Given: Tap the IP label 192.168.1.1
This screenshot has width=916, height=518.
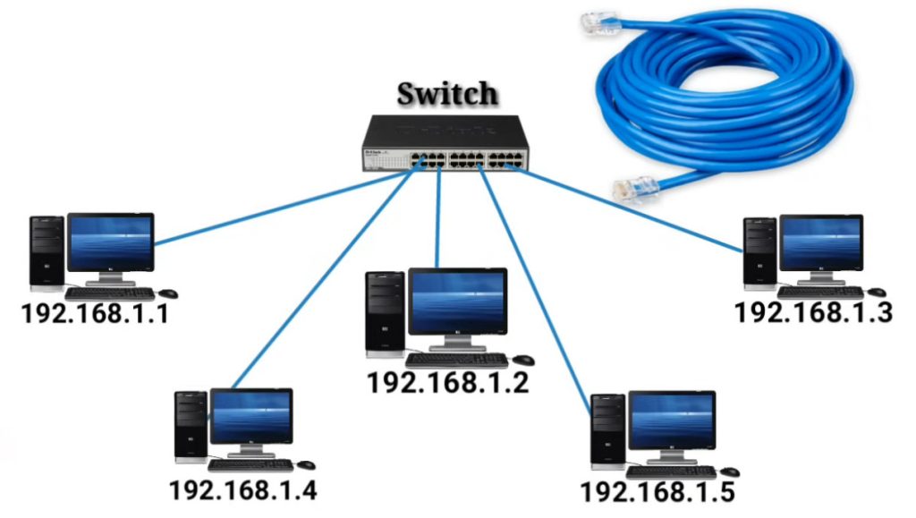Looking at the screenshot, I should click(x=95, y=315).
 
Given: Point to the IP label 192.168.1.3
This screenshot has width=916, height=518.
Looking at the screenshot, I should click(x=813, y=313).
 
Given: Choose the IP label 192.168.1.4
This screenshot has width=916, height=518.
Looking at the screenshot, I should click(x=242, y=490).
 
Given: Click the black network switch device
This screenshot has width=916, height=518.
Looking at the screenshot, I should click(x=445, y=143).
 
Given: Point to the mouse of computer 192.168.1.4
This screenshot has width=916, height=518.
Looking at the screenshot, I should click(x=306, y=465).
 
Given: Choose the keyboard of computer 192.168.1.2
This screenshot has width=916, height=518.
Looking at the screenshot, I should click(x=456, y=360).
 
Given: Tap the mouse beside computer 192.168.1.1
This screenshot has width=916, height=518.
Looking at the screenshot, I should click(x=168, y=293).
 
